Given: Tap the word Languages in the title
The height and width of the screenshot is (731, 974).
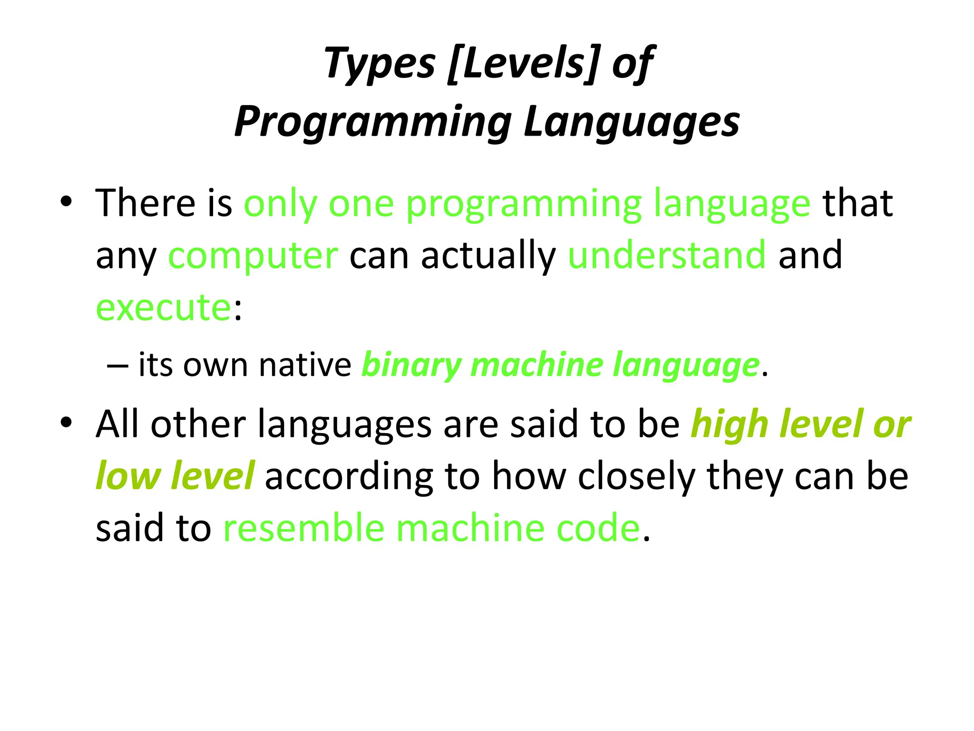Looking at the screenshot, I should tap(632, 122).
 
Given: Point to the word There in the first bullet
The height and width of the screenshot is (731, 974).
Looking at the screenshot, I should tap(145, 203).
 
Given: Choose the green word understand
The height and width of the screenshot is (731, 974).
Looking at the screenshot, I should tap(667, 255).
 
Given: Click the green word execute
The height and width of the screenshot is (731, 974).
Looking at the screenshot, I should tap(164, 308).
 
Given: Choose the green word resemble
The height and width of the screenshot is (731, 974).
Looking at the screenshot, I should tap(303, 528).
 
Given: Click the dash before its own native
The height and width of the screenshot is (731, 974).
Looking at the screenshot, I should tap(117, 365).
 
